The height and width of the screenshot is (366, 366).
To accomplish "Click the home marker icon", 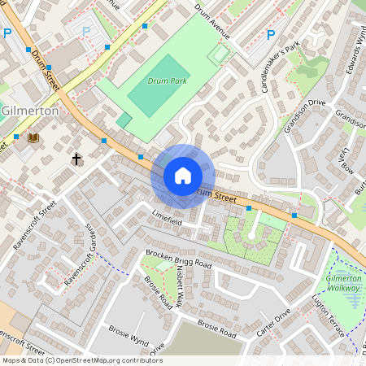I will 183,175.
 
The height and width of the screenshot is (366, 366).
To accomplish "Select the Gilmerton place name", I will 30,111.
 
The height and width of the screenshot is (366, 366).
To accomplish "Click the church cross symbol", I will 77,159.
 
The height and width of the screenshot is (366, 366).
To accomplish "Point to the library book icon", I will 33,137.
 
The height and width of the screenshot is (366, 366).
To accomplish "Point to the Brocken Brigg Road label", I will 178,259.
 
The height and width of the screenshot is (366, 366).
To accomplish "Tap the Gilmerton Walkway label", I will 342,284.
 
